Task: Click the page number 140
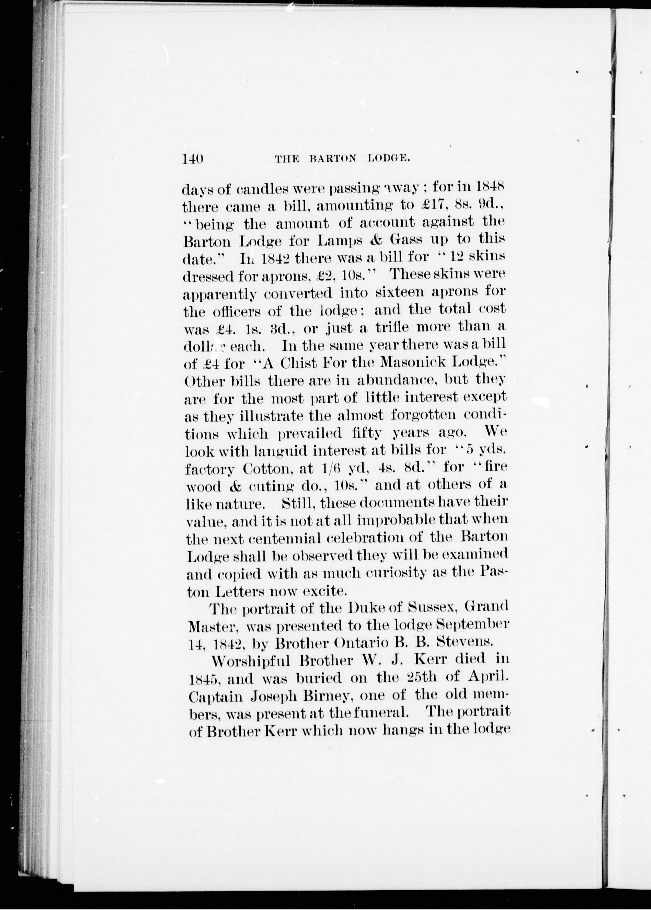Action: click(x=193, y=159)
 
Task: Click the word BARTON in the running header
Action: click(x=333, y=158)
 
